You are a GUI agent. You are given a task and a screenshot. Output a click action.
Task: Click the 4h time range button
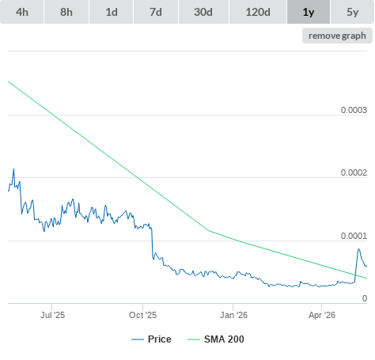point(22,12)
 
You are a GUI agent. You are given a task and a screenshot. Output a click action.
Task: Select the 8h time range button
point(66,12)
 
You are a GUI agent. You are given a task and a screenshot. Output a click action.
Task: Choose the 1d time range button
point(112,12)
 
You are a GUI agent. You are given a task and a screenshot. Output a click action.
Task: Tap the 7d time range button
point(156,12)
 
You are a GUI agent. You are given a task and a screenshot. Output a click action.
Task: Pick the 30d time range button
point(203,12)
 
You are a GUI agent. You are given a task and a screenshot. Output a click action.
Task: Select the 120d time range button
point(258,12)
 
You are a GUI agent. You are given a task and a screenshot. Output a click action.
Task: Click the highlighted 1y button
point(309,12)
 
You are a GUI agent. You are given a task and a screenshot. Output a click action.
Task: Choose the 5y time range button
point(353,12)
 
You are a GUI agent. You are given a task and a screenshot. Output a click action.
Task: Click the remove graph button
point(337,36)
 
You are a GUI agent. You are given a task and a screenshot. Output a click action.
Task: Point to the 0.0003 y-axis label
point(354,110)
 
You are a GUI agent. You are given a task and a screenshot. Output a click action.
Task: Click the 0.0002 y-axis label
point(354,172)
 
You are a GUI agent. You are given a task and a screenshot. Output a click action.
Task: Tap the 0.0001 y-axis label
point(354,236)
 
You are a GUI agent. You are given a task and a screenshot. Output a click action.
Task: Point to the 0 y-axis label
point(365,298)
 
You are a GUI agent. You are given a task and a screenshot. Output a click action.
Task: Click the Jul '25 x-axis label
point(52,315)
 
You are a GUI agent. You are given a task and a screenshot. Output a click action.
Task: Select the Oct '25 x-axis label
point(142,315)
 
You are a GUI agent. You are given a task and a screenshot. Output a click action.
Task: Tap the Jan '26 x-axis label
point(233,315)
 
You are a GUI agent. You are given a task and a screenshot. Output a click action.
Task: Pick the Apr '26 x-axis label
point(322,315)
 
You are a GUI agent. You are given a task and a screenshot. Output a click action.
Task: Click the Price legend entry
point(151,339)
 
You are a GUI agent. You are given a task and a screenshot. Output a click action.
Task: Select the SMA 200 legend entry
point(216,339)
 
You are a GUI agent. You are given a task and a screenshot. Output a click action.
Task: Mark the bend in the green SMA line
point(209,231)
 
